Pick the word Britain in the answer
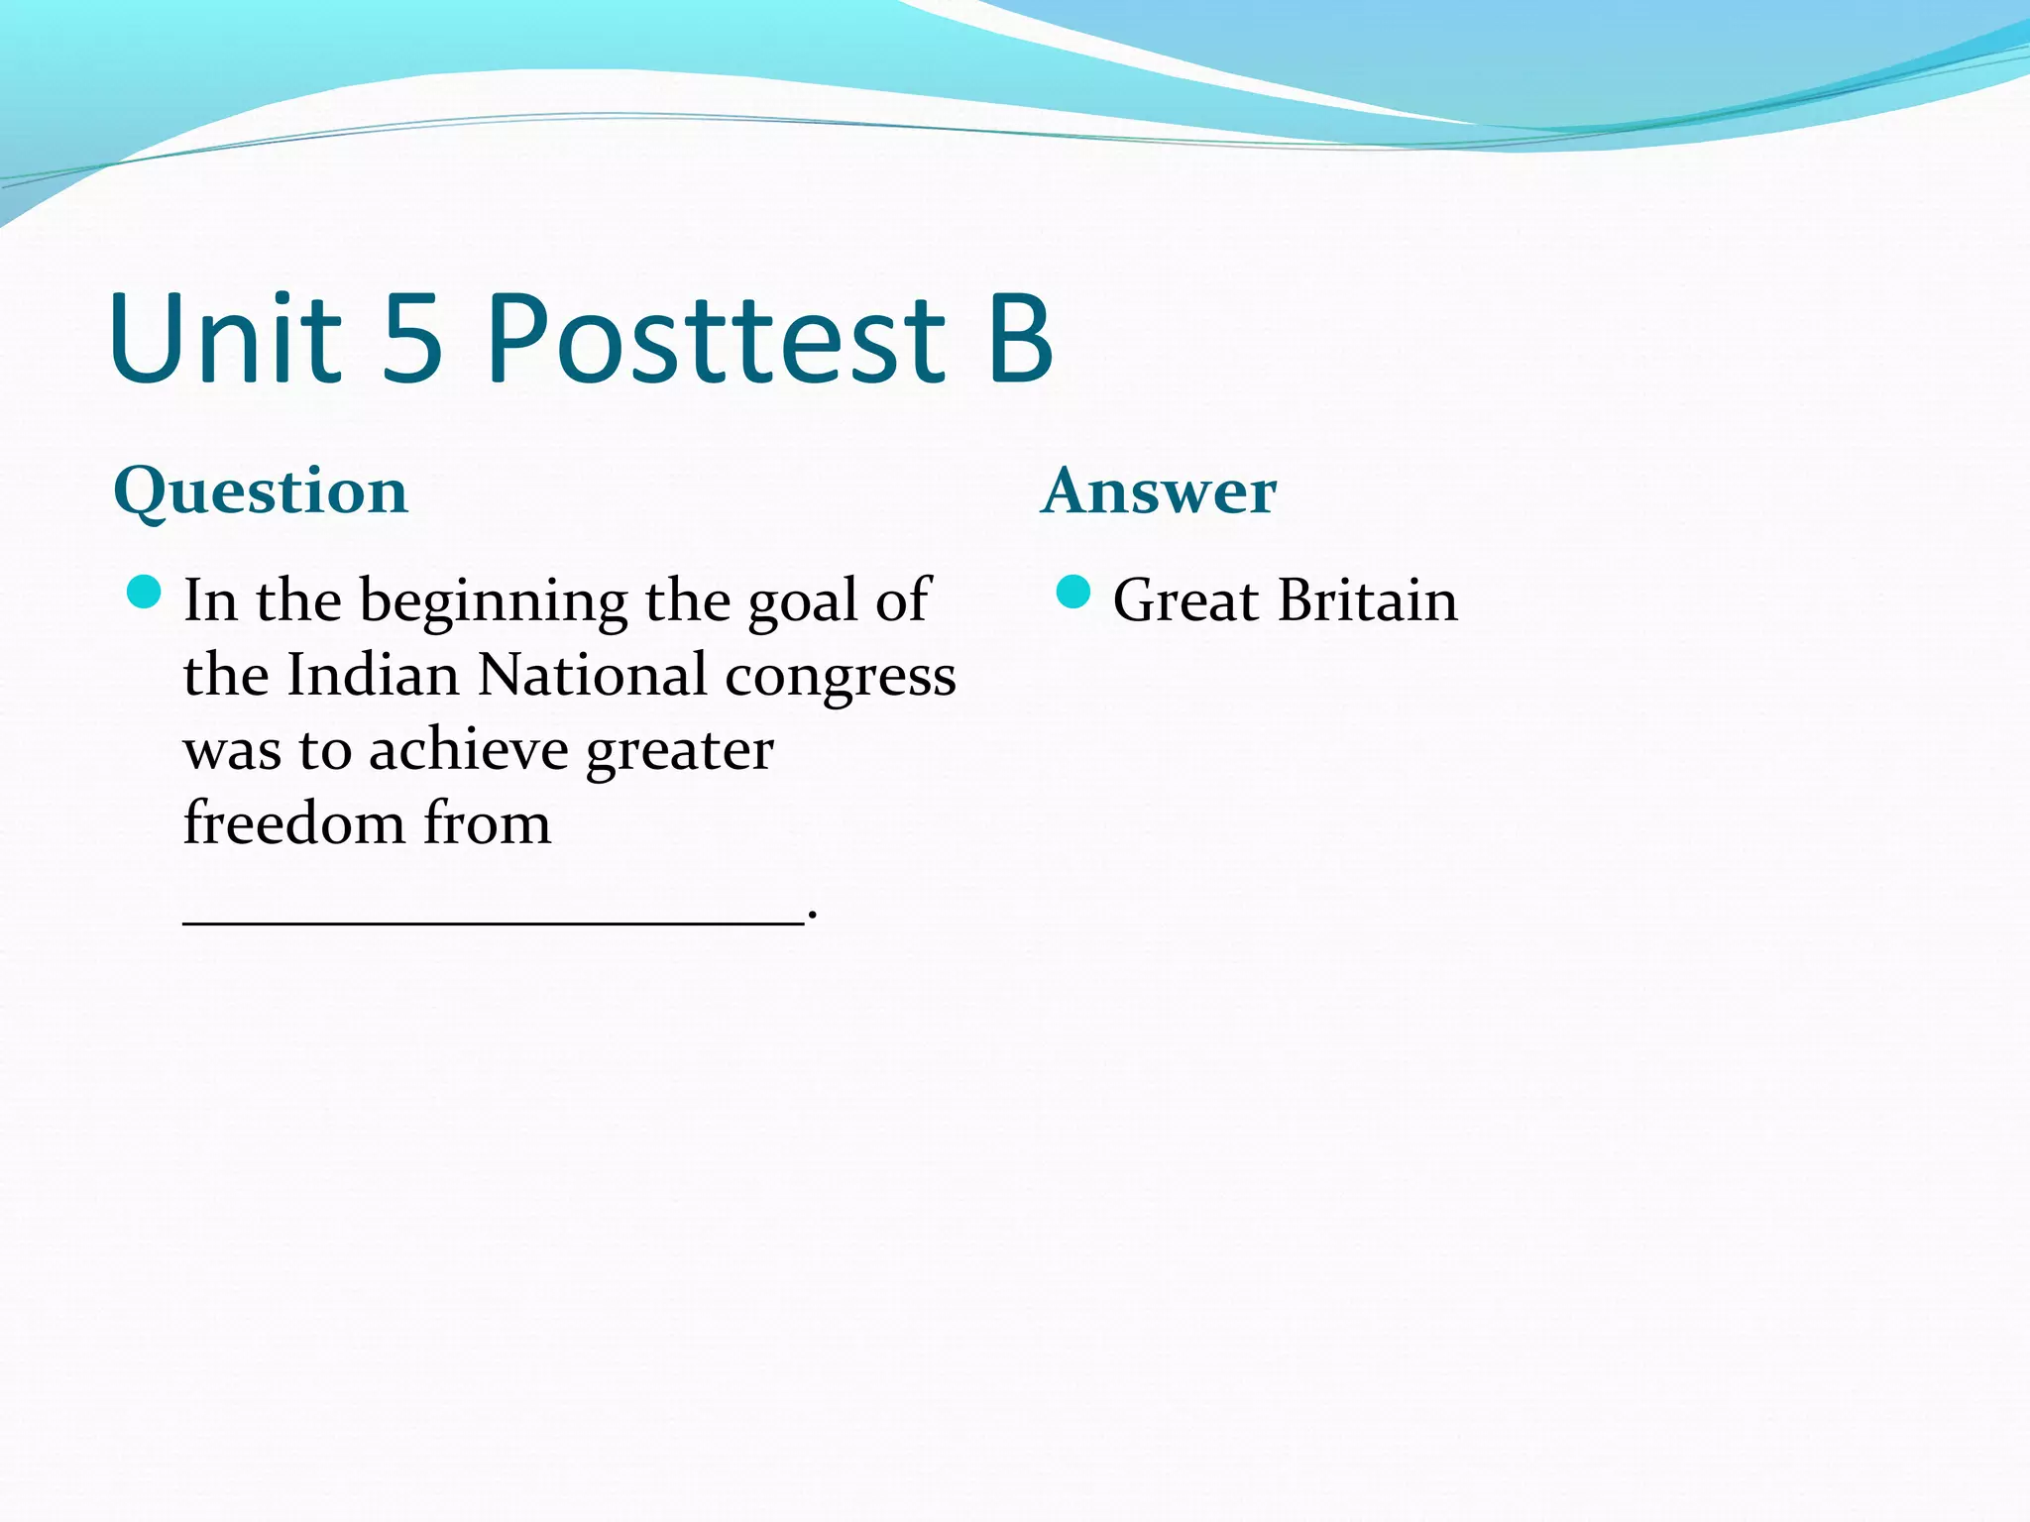coord(1368,600)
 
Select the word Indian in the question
coord(373,676)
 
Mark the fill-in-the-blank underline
coord(493,923)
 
